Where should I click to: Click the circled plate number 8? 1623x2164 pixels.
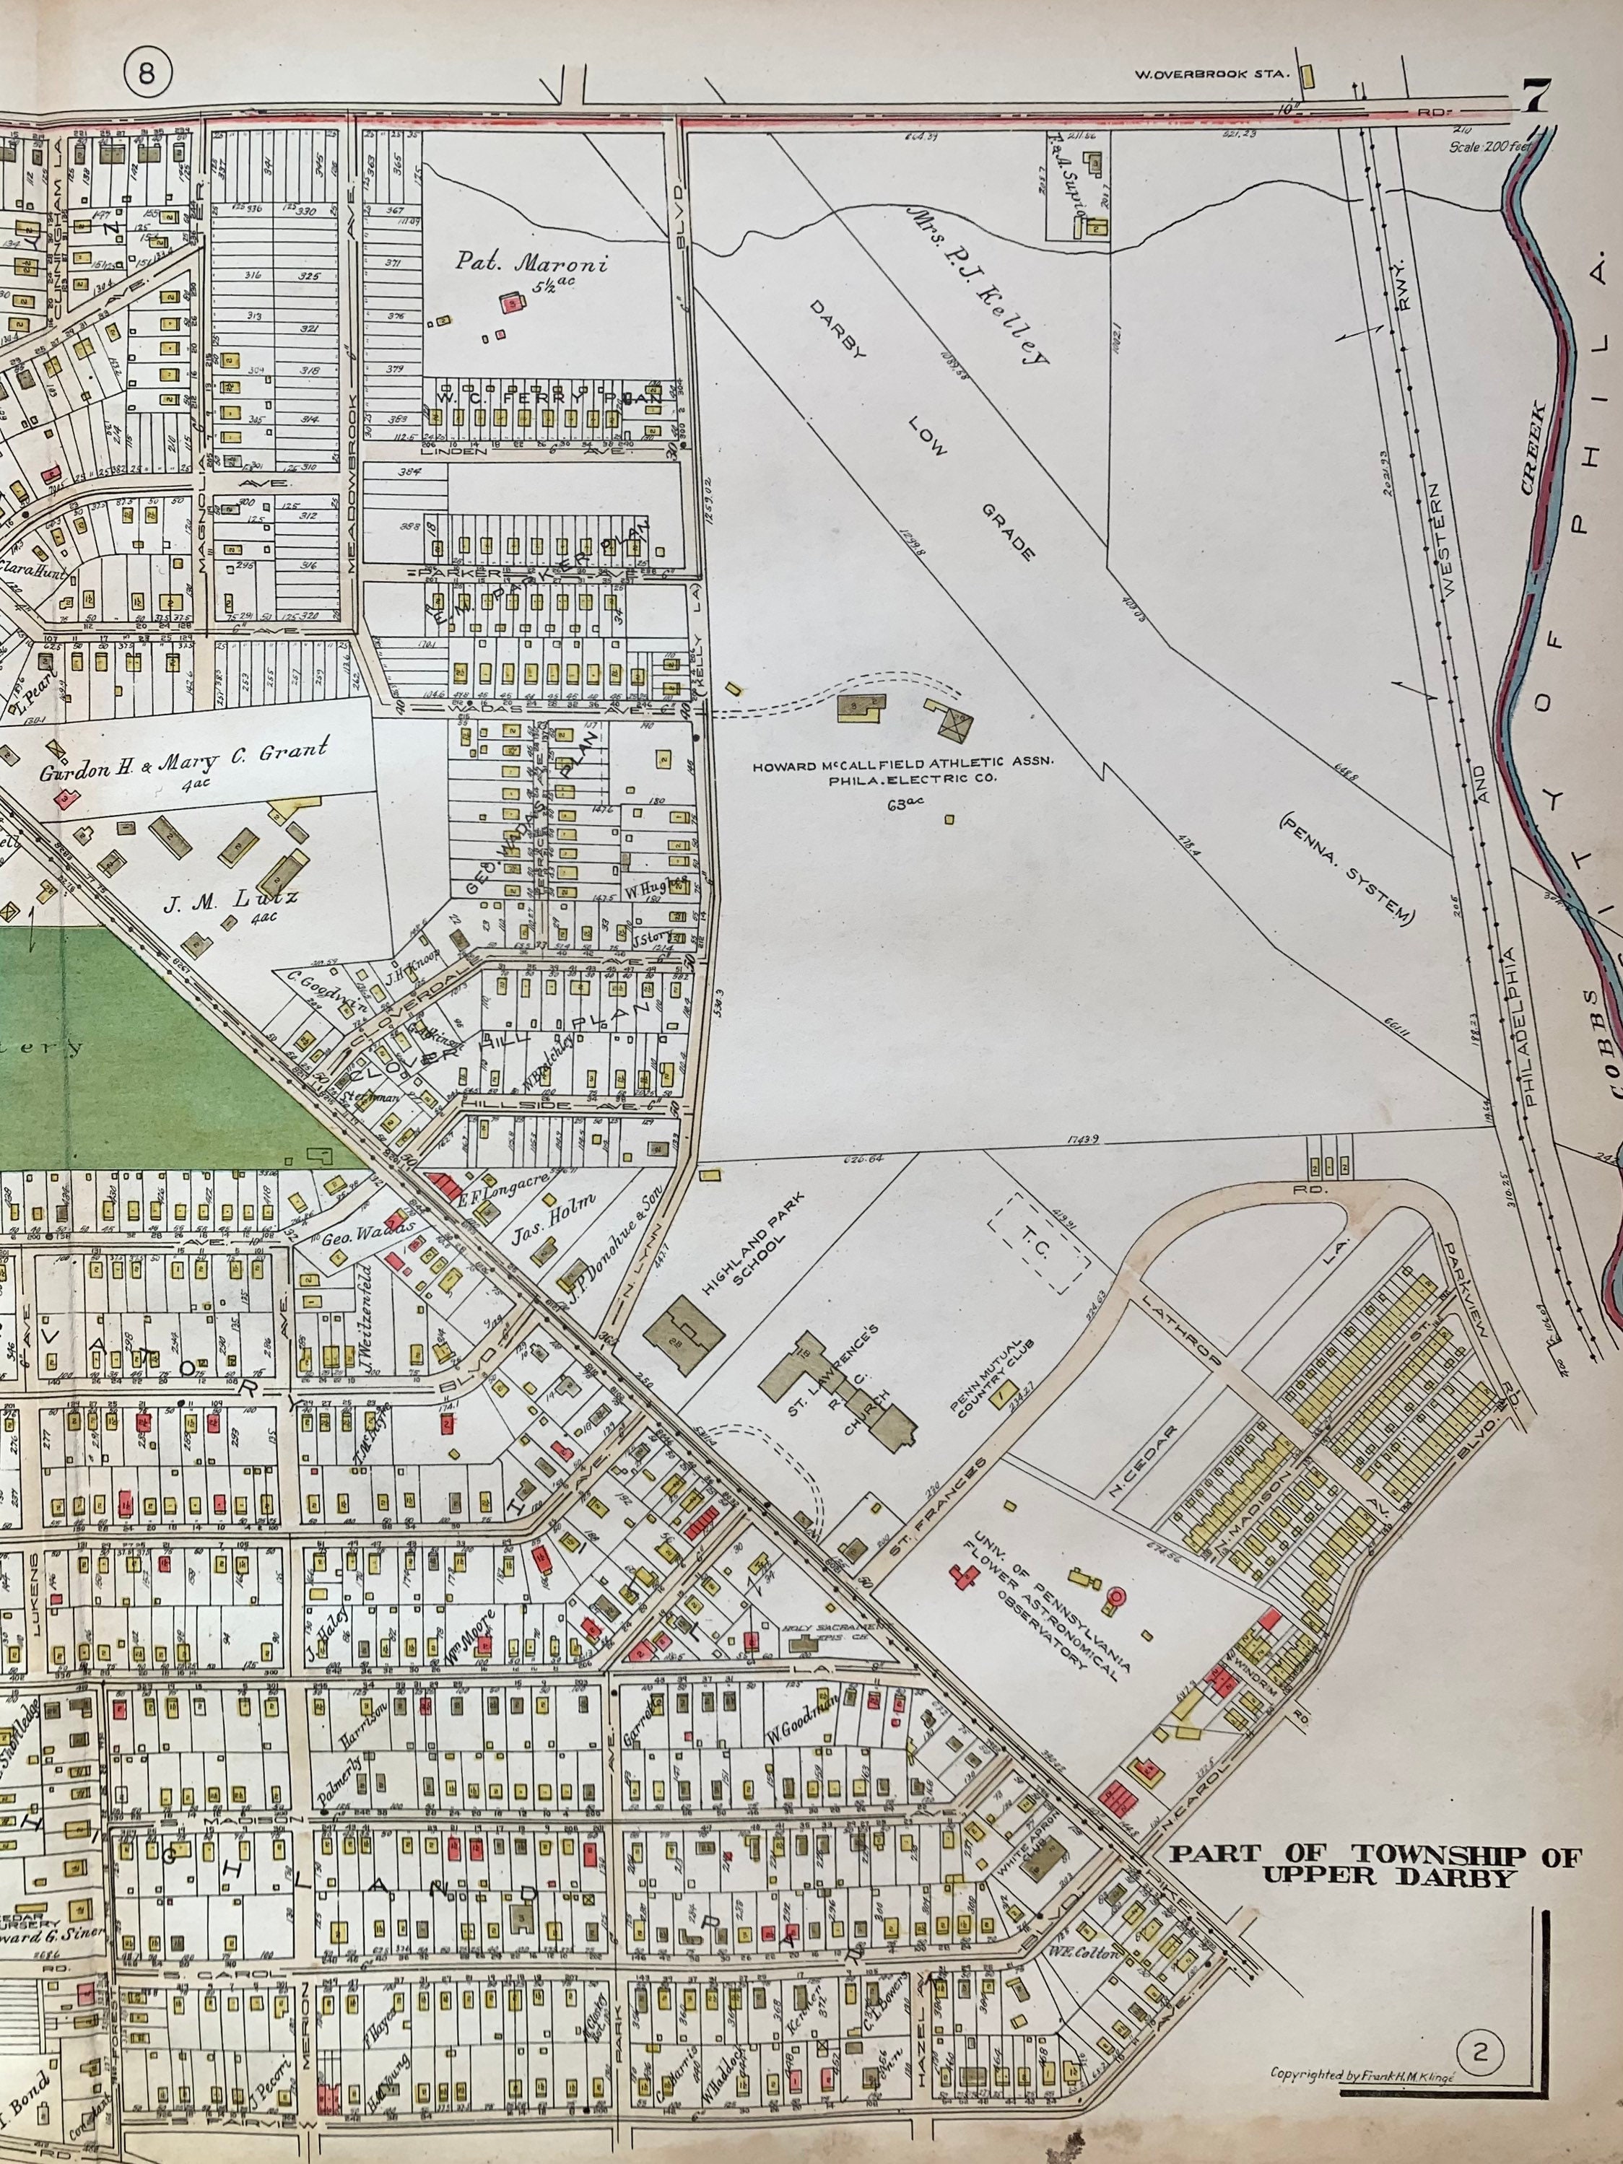pos(147,74)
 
